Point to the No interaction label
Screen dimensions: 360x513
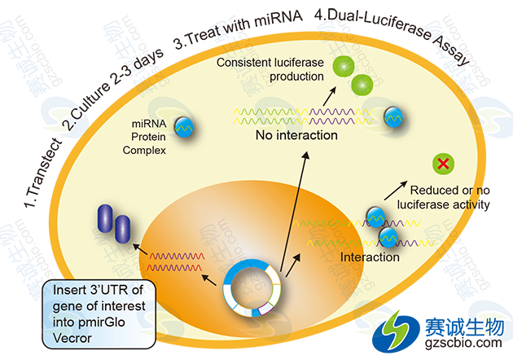click(296, 135)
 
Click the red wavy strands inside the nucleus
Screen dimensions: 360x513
click(173, 261)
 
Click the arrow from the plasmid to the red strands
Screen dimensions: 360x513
click(213, 278)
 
